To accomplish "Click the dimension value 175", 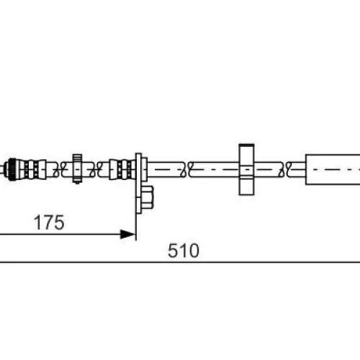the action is tap(49, 222).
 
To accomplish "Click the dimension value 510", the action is tap(184, 251).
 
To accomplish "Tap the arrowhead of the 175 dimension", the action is tap(127, 234).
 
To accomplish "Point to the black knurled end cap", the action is tap(12, 169).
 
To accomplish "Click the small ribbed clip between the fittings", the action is tap(77, 168).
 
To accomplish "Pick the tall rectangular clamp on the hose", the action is tap(246, 169).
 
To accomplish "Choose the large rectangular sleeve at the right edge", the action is tap(333, 169).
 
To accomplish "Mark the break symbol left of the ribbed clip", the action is tap(60, 170).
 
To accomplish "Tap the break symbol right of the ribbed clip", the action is tap(96, 170).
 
